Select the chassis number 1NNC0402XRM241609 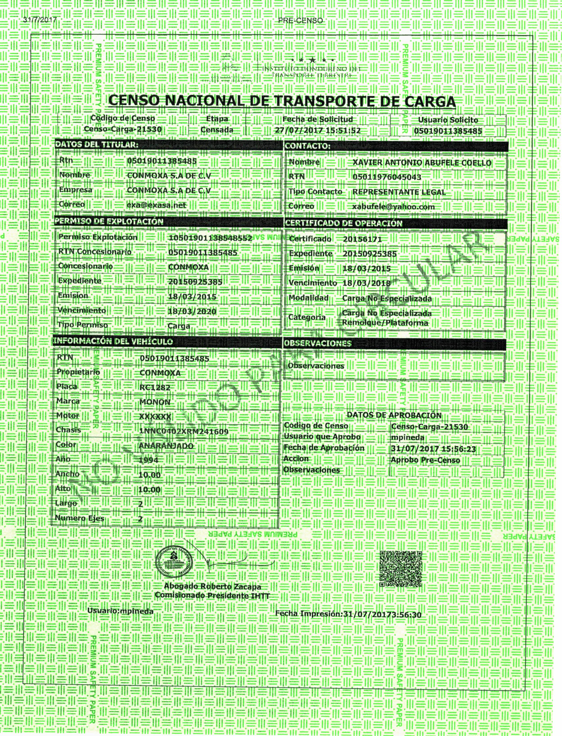click(x=184, y=432)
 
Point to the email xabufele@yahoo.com click(x=393, y=207)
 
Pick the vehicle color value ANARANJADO click(x=166, y=446)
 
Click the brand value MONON click(x=155, y=402)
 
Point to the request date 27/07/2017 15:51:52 click(x=318, y=130)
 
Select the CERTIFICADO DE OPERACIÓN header click(x=343, y=223)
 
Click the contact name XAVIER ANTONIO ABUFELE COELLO click(x=422, y=163)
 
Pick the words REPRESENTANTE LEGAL click(x=399, y=192)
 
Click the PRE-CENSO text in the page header click(x=300, y=21)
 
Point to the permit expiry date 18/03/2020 click(x=192, y=311)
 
